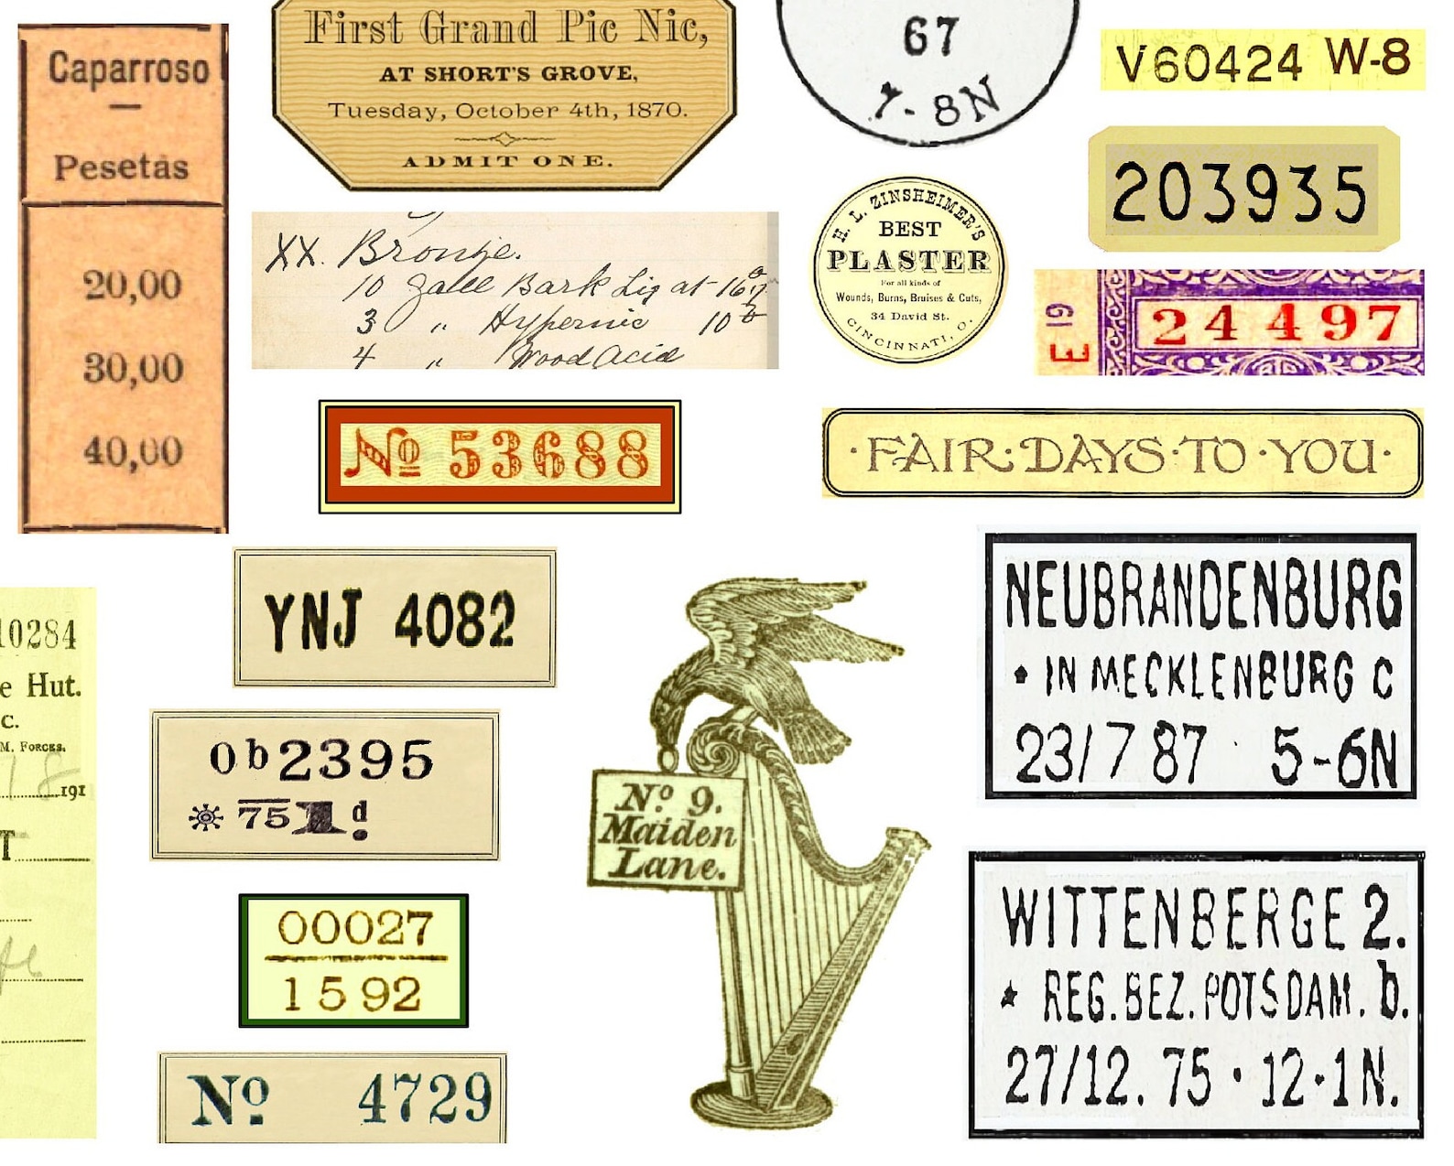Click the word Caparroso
coord(128,70)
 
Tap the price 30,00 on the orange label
coord(133,368)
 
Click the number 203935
coord(1241,192)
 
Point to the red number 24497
coord(1276,325)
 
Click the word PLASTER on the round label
coord(909,261)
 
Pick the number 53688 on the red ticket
coord(548,455)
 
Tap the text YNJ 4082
coord(390,620)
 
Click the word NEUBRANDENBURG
coord(1203,596)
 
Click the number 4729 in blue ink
coord(425,1097)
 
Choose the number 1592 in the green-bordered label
coord(353,993)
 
